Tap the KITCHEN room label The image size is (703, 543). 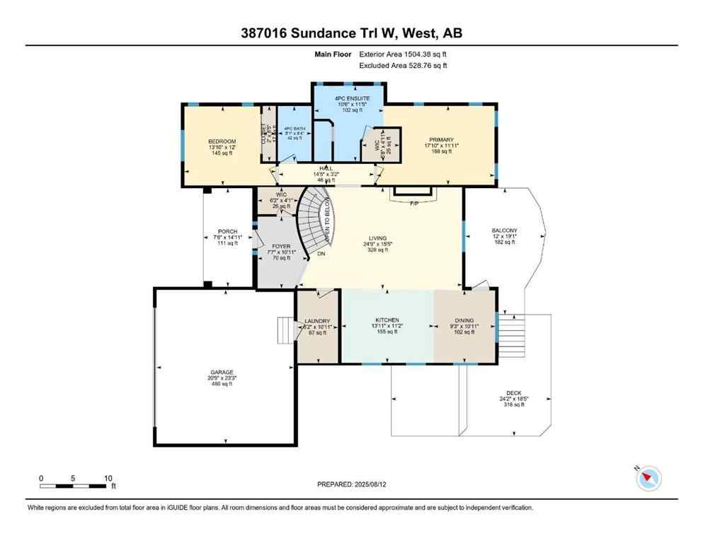387,320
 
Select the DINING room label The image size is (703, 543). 464,320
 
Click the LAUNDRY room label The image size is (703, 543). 318,321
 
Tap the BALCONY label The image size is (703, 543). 505,230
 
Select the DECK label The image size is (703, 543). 514,393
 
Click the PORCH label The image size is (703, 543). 227,232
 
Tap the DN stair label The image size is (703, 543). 321,253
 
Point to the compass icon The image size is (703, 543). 647,479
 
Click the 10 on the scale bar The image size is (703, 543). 108,479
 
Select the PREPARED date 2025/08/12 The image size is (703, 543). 351,484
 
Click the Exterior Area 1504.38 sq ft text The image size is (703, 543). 404,54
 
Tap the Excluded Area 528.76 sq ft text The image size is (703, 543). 404,66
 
